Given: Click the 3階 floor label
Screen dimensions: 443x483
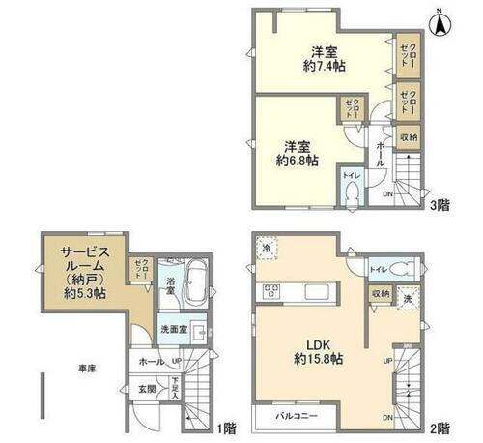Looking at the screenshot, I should coord(440,205).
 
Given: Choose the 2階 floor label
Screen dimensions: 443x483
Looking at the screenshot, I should coord(440,427).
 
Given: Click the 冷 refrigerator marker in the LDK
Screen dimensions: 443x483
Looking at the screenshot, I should coord(266,250).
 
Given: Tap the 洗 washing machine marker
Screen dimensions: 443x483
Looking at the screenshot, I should coord(408,300).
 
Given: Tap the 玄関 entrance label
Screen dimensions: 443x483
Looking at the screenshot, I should coord(147,388).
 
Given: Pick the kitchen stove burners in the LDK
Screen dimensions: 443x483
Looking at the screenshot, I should coord(268,292).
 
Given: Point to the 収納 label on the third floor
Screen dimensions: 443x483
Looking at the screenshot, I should coord(409,137).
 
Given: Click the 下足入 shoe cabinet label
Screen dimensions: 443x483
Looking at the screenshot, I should coord(175,389).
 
